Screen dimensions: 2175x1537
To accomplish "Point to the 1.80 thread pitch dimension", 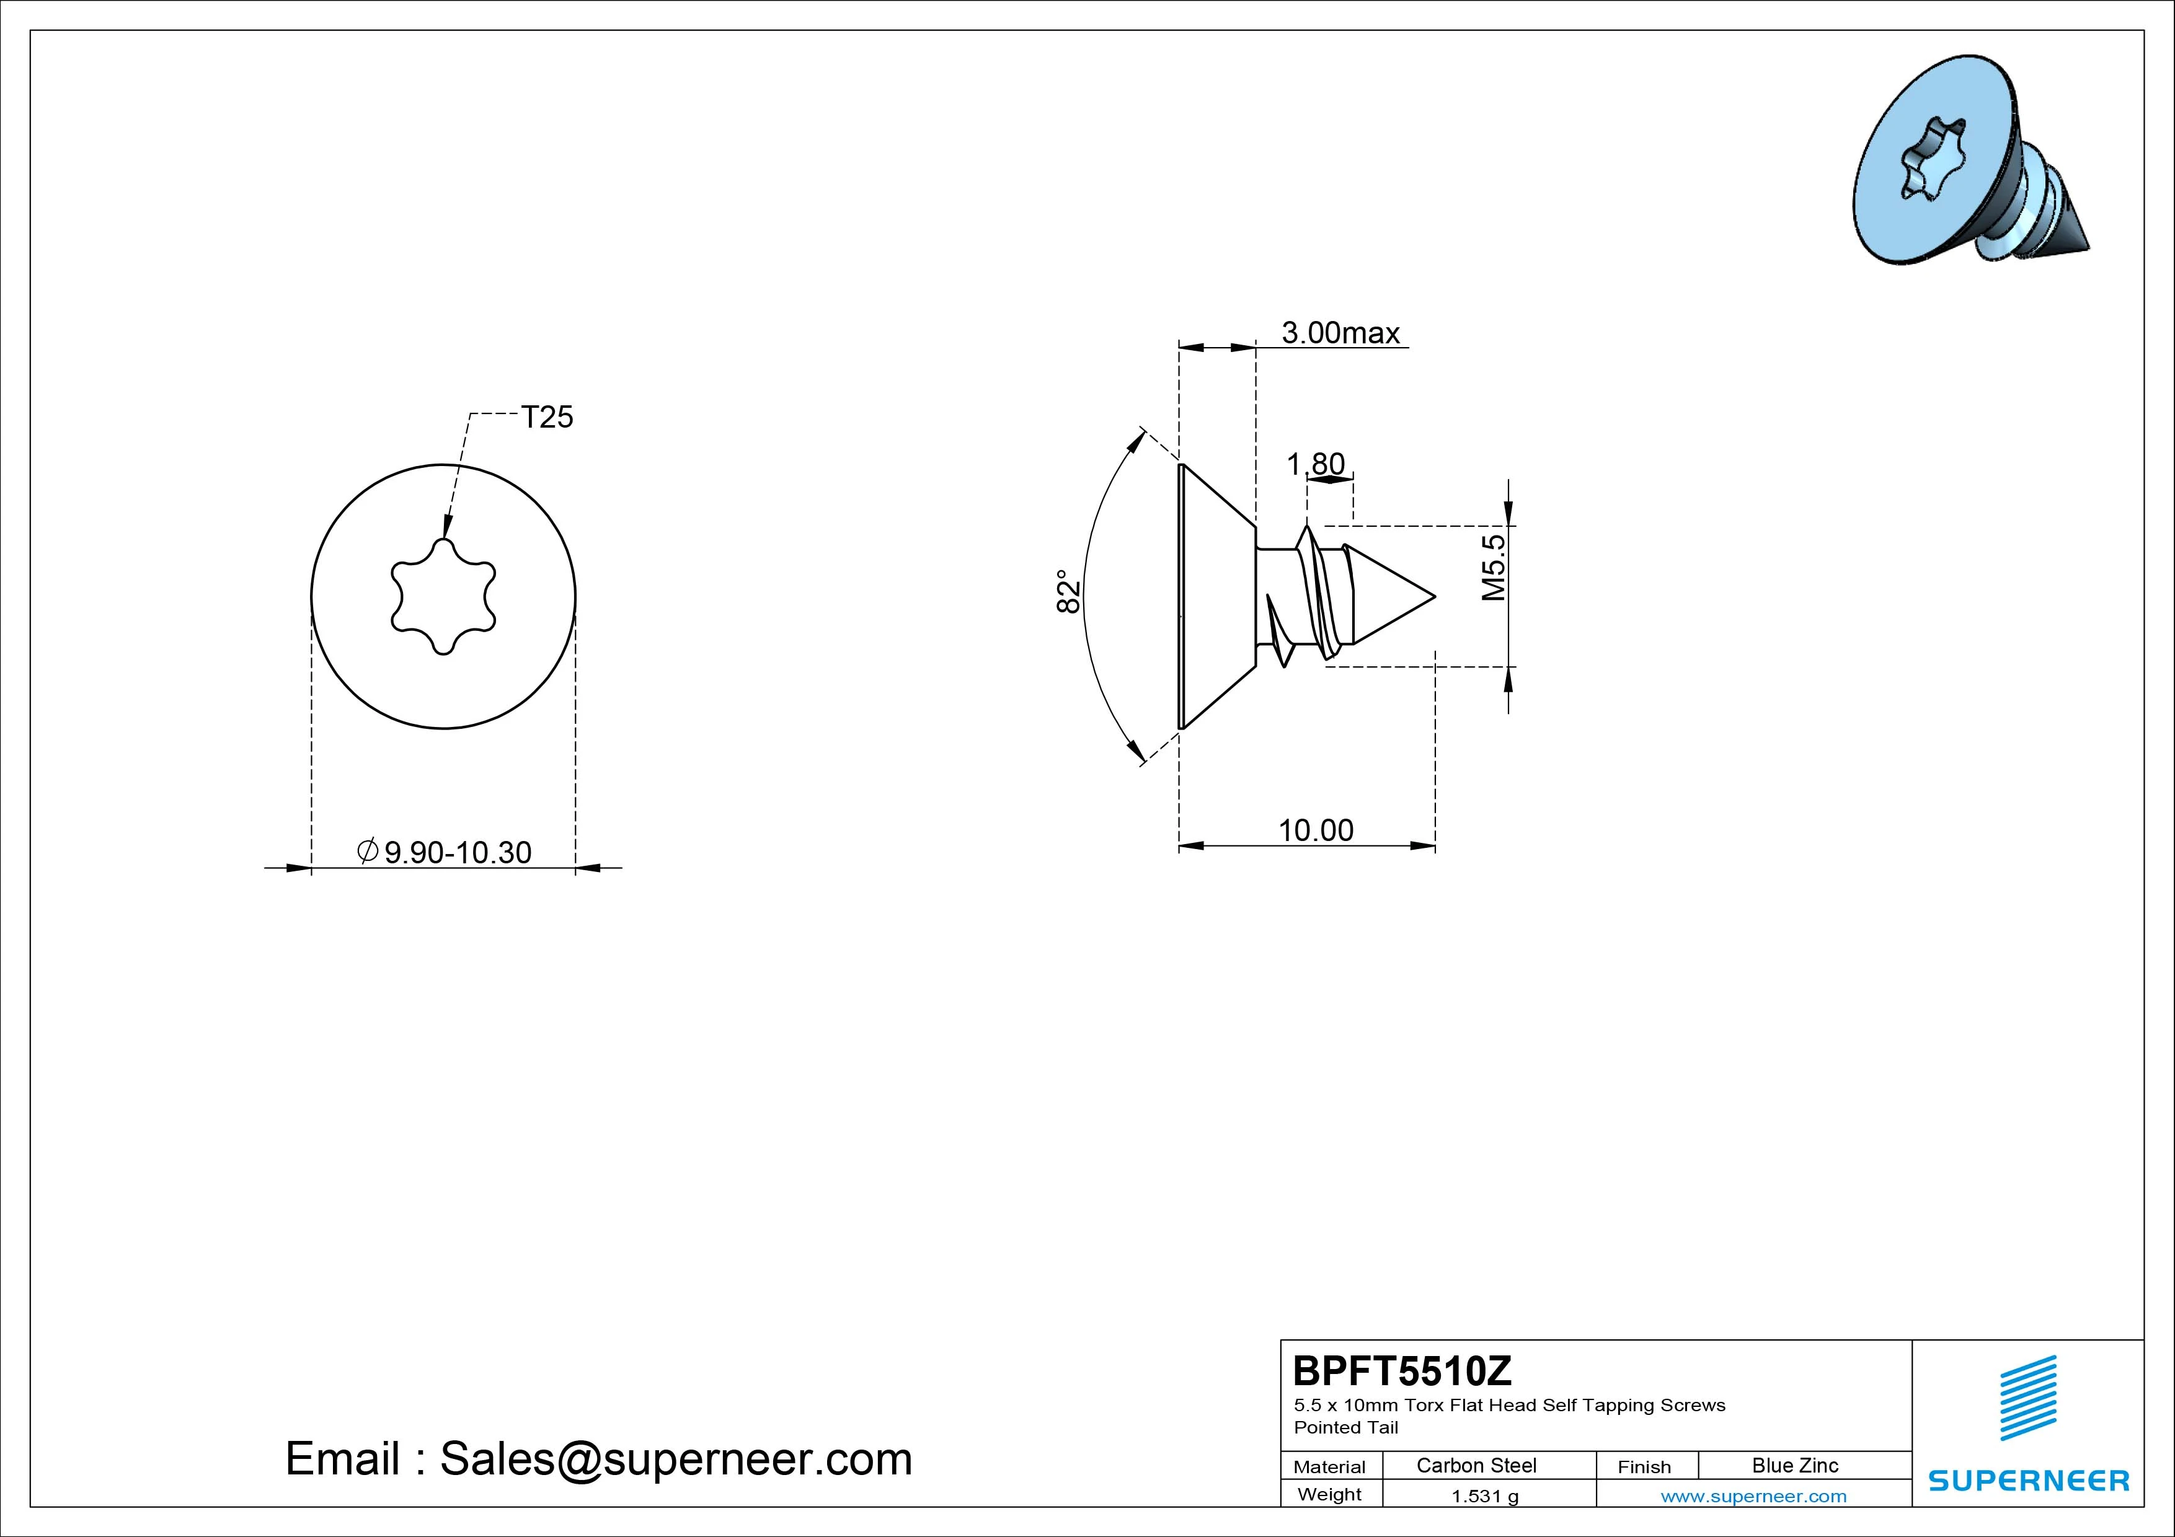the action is [1315, 464].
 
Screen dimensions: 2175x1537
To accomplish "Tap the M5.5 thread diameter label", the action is [1493, 567].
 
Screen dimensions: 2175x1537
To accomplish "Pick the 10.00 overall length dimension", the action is [1316, 830].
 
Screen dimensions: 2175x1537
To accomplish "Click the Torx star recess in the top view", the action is [443, 597].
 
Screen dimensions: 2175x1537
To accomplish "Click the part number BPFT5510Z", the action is [1402, 1370].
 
